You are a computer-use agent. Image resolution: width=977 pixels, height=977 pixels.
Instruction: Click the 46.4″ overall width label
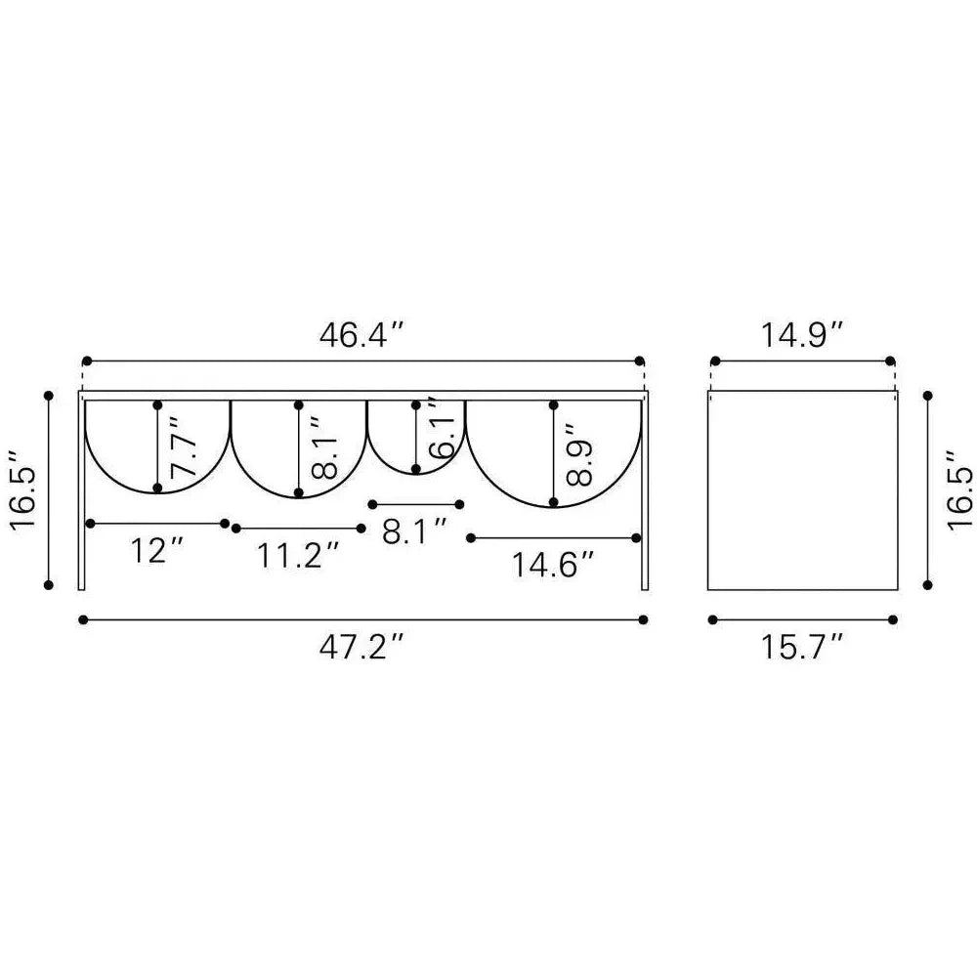pyautogui.click(x=361, y=335)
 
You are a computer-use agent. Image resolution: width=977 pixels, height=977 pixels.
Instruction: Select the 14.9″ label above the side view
pyautogui.click(x=802, y=335)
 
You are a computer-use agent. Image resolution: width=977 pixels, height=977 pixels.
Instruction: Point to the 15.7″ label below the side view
pyautogui.click(x=802, y=646)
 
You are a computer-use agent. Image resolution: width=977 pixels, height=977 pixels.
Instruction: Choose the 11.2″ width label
pyautogui.click(x=299, y=556)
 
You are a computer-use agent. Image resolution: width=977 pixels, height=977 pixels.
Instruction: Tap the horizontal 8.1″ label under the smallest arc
pyautogui.click(x=414, y=531)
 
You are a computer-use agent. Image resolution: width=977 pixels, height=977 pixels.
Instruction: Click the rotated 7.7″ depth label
pyautogui.click(x=184, y=447)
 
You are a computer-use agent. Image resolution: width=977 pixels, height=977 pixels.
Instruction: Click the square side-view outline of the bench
pyautogui.click(x=802, y=489)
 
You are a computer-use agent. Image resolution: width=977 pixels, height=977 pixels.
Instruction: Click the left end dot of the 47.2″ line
pyautogui.click(x=84, y=619)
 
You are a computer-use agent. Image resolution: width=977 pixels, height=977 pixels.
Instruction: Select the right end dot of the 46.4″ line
pyautogui.click(x=640, y=361)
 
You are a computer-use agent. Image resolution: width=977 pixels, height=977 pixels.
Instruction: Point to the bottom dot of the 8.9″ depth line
pyautogui.click(x=554, y=502)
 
